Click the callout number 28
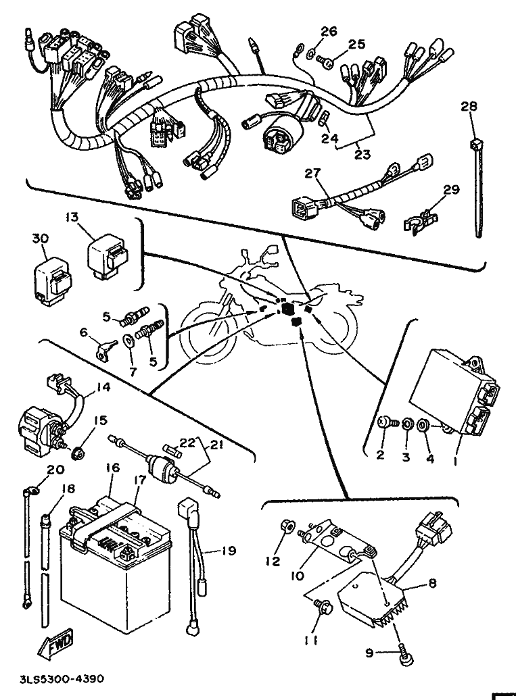[469, 106]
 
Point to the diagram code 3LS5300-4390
[58, 678]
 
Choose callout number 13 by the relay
[72, 217]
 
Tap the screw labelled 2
[384, 423]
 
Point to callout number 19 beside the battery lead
[229, 551]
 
